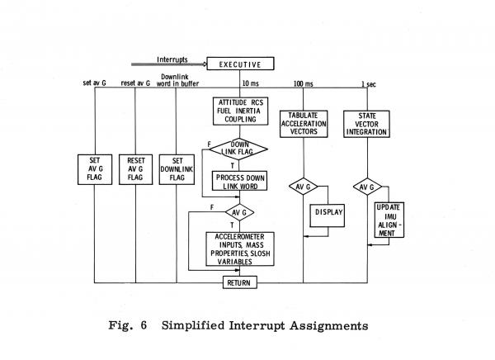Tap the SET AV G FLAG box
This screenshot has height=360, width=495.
click(x=95, y=172)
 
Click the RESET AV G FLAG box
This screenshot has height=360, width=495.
click(x=137, y=172)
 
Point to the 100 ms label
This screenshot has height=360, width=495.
click(x=303, y=85)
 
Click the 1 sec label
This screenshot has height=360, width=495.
click(x=372, y=85)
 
